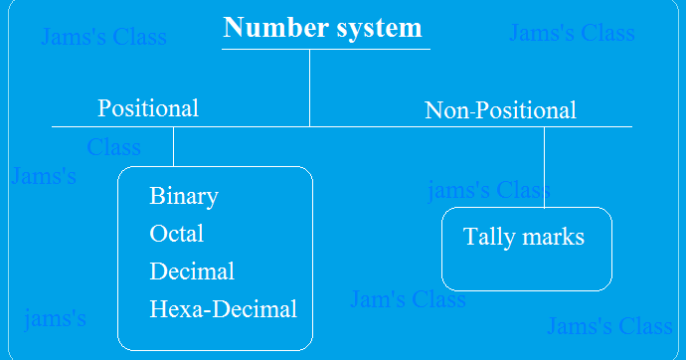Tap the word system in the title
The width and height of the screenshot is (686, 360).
pyautogui.click(x=377, y=27)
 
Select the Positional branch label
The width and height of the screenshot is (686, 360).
pyautogui.click(x=148, y=107)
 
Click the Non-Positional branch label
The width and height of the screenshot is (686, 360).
pyautogui.click(x=500, y=109)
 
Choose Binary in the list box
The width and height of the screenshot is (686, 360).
pyautogui.click(x=184, y=195)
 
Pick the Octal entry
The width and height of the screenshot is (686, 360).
pyautogui.click(x=177, y=233)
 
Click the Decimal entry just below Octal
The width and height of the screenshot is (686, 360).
pyautogui.click(x=192, y=270)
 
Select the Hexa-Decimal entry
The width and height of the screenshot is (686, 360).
pyautogui.click(x=223, y=308)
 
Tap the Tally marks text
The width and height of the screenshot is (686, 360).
pyautogui.click(x=524, y=237)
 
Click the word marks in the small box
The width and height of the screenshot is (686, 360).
pyautogui.click(x=552, y=237)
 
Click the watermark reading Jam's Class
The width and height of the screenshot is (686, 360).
pyautogui.click(x=408, y=298)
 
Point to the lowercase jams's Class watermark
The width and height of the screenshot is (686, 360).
pyautogui.click(x=488, y=189)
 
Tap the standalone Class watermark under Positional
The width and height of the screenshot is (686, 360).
pyautogui.click(x=113, y=147)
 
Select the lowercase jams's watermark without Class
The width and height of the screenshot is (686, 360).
pyautogui.click(x=55, y=318)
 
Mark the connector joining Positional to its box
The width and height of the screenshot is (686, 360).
pyautogui.click(x=173, y=146)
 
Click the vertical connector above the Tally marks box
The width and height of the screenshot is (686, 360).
pyautogui.click(x=544, y=167)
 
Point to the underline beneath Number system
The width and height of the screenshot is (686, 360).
pyautogui.click(x=326, y=49)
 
